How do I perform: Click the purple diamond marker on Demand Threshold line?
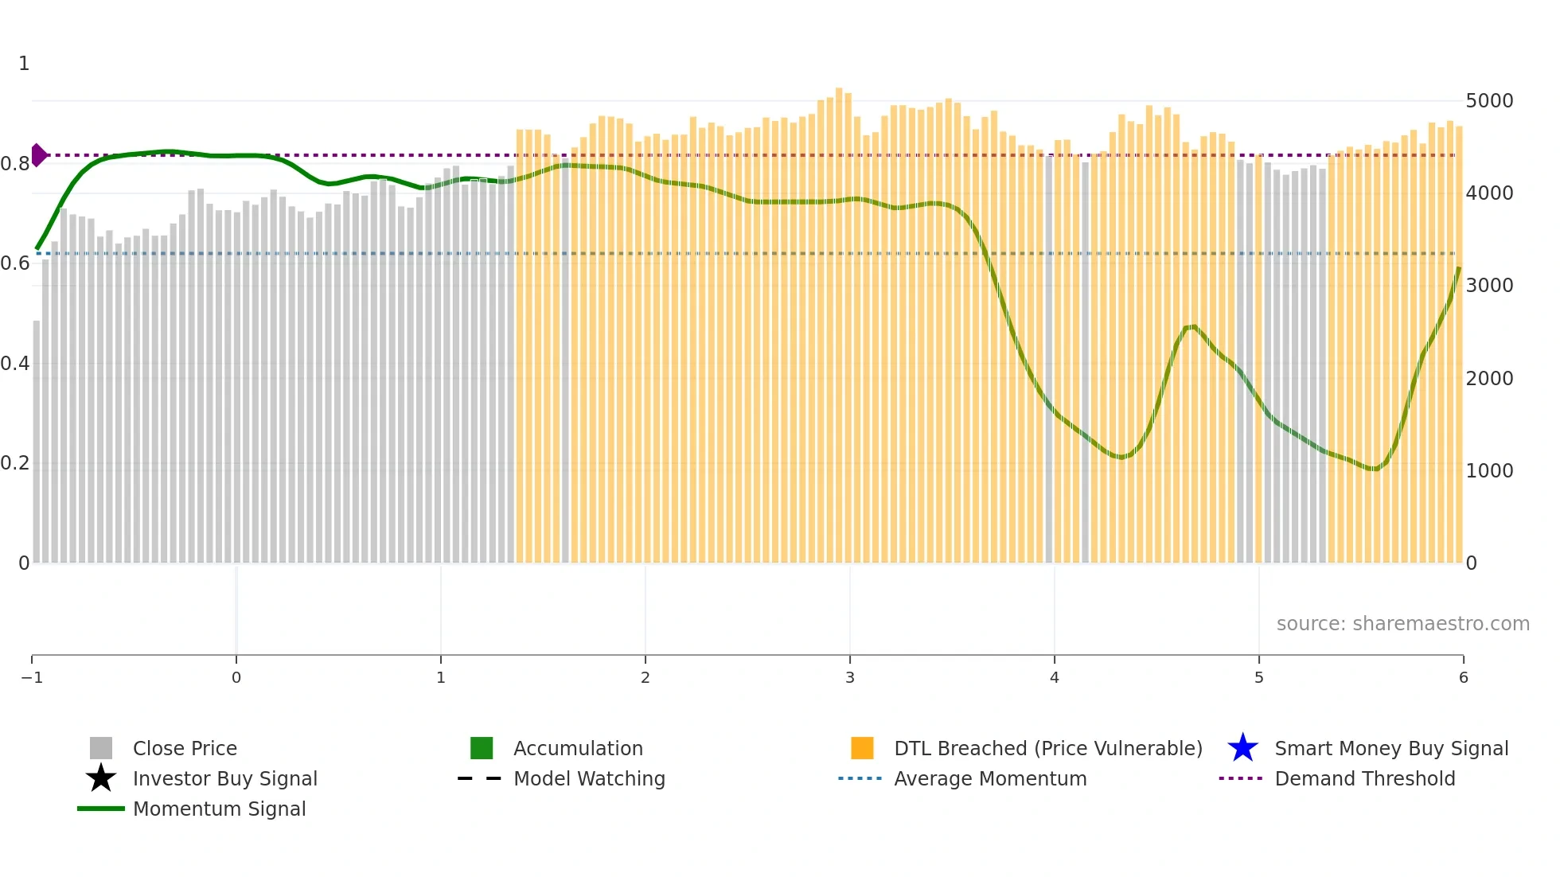(38, 155)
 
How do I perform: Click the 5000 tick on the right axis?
(1489, 101)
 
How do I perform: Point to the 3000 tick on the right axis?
(1489, 286)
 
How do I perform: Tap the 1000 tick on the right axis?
(1489, 470)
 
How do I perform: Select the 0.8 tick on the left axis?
(15, 164)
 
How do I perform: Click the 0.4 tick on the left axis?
(15, 364)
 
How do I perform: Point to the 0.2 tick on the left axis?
(15, 463)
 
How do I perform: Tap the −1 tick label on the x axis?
(32, 677)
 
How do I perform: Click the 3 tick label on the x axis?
(850, 677)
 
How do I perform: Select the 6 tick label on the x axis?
(1463, 677)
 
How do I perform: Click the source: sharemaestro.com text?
(1402, 624)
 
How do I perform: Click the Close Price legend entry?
(185, 748)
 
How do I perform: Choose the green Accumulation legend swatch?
(482, 748)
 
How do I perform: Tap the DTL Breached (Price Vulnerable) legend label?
(1047, 748)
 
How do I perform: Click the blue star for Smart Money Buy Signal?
(1242, 748)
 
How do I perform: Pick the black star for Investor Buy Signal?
(101, 778)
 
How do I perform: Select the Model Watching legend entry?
(589, 778)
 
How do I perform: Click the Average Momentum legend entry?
(990, 778)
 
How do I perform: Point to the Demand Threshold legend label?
(1364, 778)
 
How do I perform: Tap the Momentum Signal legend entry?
(219, 809)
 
